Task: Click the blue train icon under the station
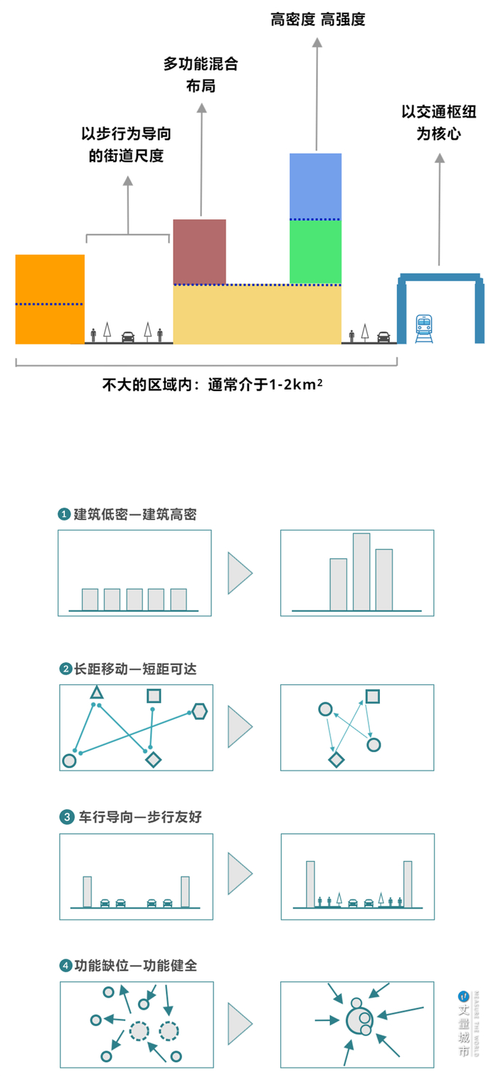pos(424,327)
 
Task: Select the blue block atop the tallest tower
pos(315,185)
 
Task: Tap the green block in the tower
pos(315,251)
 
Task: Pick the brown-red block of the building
pos(200,251)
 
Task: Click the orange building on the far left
pos(50,299)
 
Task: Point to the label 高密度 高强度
pos(318,20)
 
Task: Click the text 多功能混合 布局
pos(201,75)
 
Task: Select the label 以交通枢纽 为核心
pos(438,122)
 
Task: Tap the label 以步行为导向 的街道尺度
pos(127,145)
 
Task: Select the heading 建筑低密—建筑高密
pos(135,514)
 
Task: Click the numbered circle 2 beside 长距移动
pos(65,669)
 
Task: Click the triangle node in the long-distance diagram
pos(97,693)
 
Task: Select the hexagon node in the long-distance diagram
pos(200,711)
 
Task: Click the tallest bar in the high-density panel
pos(361,571)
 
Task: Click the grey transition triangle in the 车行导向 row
pos(240,874)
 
